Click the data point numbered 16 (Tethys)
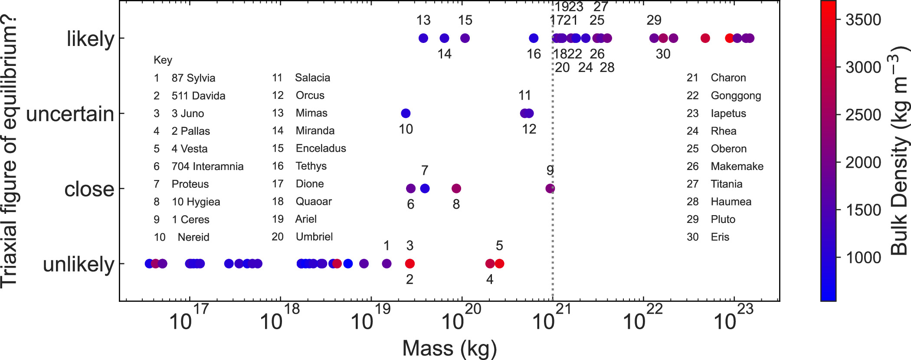coord(534,38)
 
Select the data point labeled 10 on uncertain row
coord(406,113)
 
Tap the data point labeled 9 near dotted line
coord(550,188)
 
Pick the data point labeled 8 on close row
coord(456,188)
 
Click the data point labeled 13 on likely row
coord(423,38)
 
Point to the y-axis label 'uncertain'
coord(70,114)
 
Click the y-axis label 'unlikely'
coord(78,264)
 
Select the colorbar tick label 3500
coord(863,20)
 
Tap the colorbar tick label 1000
coord(863,258)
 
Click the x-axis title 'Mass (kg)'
coord(449,348)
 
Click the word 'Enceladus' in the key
coord(321,148)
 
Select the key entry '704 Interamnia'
coord(207,167)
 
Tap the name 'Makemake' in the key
coord(737,167)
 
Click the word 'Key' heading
coord(163,60)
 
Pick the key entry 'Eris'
coord(720,237)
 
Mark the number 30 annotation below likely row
coord(663,54)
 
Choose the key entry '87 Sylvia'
coord(193,78)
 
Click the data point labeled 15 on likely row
coord(465,38)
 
